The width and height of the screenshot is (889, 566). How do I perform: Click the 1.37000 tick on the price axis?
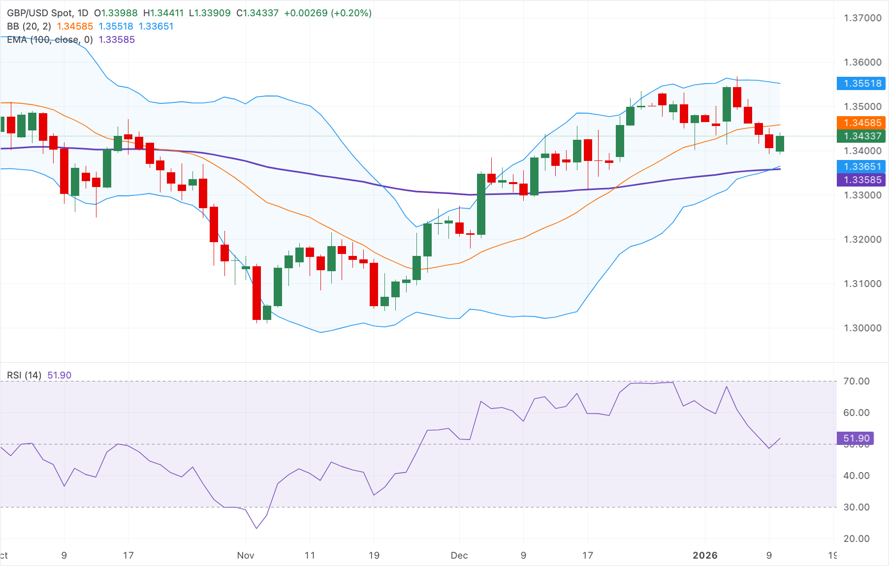pos(862,18)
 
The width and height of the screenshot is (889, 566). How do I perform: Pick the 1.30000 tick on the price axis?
pos(862,328)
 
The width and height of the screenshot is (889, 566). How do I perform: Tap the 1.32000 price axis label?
pos(862,239)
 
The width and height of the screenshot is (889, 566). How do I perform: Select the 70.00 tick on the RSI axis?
pos(856,381)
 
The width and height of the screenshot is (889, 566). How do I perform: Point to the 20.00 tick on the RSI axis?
pos(856,538)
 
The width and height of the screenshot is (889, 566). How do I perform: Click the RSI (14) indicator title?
pos(24,375)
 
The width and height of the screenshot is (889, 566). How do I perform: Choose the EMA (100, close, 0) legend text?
pos(50,39)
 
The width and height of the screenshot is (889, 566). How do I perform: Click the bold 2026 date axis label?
pos(704,555)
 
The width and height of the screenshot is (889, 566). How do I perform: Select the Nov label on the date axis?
pos(245,555)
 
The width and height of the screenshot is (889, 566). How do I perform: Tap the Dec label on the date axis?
pos(459,555)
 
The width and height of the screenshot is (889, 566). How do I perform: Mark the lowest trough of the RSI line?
pos(256,529)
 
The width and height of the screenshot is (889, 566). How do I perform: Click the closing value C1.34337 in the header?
pos(257,13)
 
